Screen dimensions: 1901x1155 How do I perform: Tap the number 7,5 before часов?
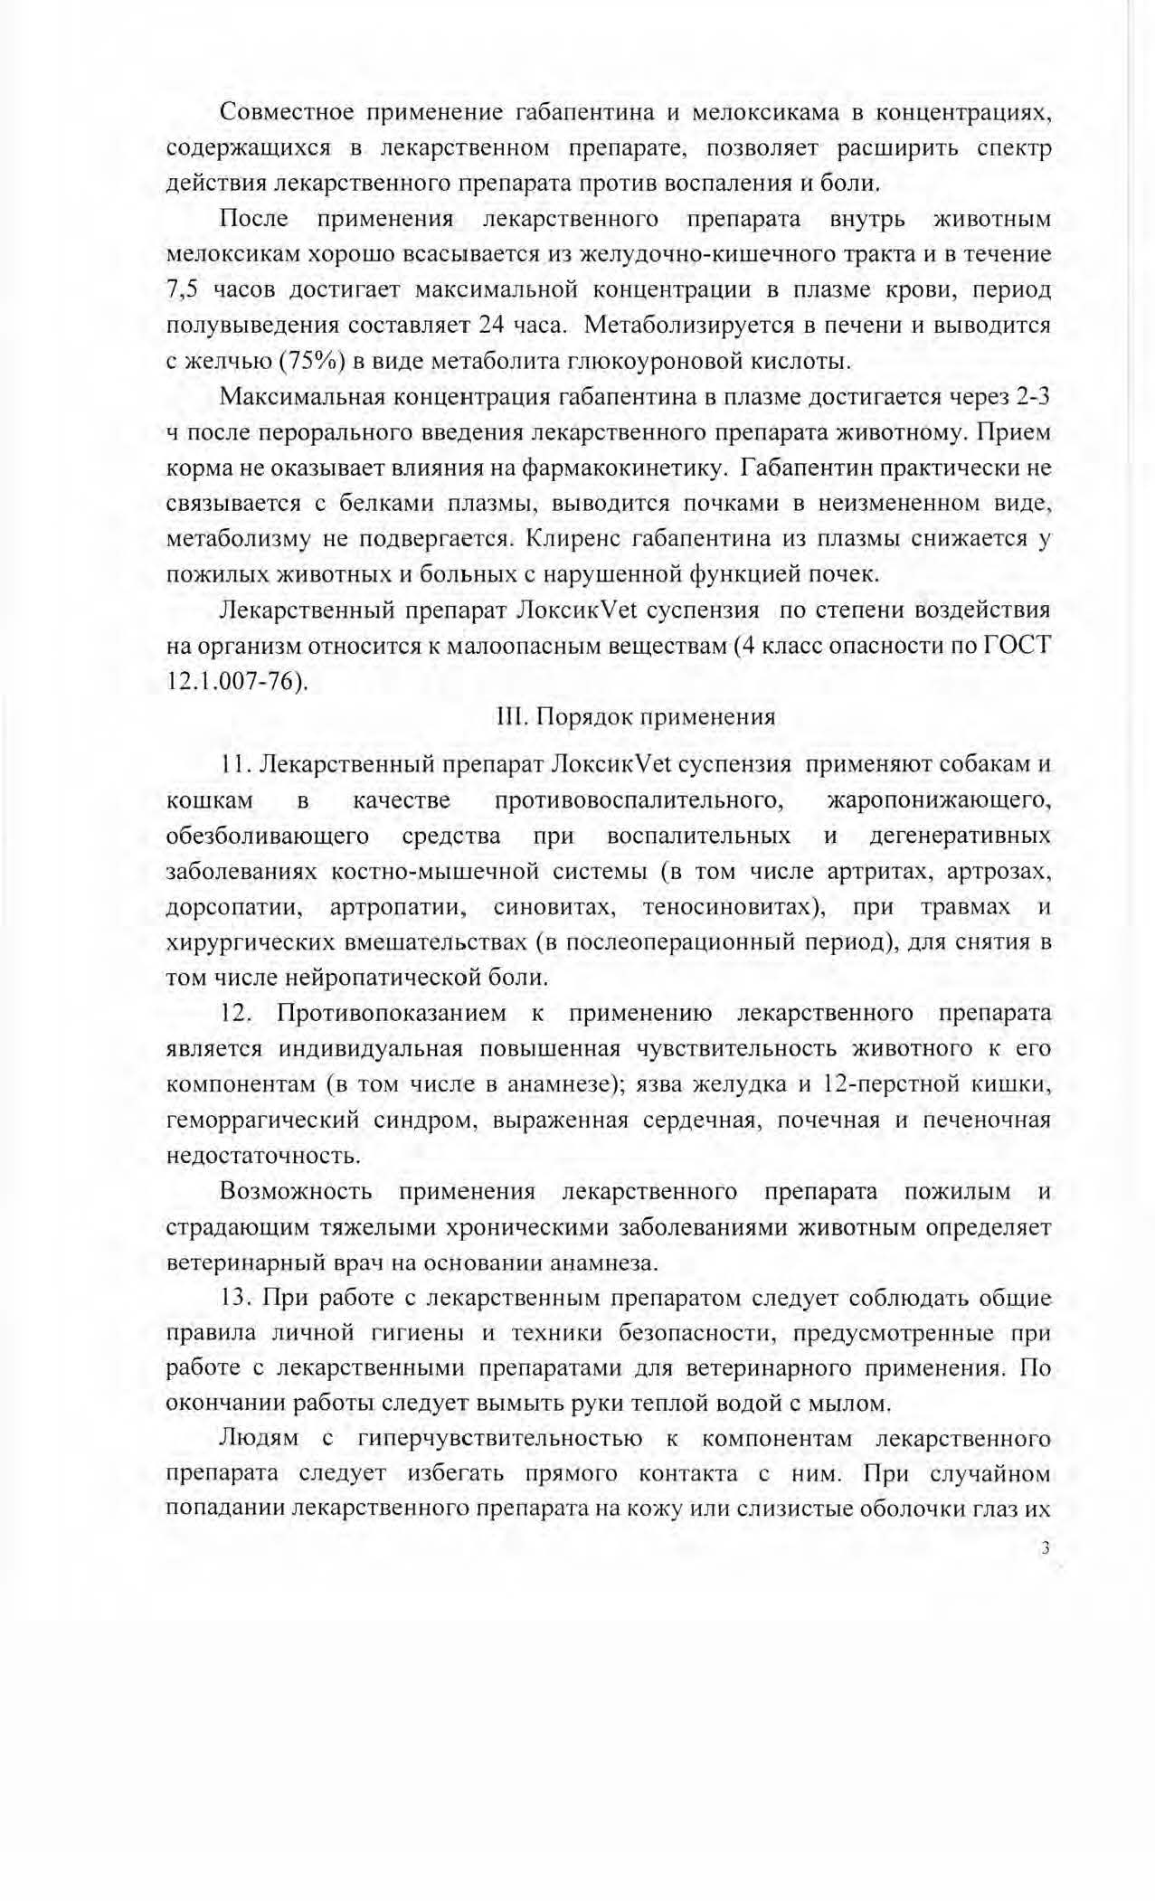click(x=184, y=290)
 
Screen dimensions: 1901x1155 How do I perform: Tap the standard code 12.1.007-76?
click(x=236, y=681)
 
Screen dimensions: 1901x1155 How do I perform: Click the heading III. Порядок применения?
click(x=636, y=717)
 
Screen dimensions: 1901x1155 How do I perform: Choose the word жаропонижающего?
click(x=939, y=800)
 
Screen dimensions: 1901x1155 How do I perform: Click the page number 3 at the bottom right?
click(x=1046, y=1547)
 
